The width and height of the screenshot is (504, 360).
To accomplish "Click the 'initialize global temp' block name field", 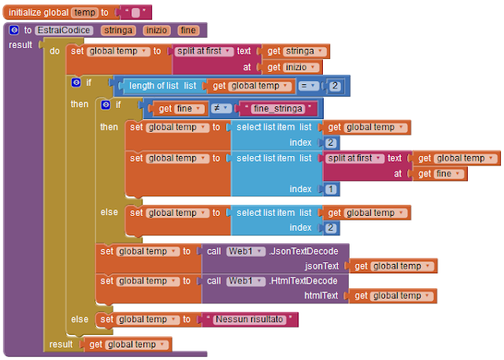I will [x=83, y=13].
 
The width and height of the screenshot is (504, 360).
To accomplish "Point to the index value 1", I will [x=331, y=190].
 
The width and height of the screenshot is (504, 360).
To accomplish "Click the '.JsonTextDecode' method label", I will [x=304, y=251].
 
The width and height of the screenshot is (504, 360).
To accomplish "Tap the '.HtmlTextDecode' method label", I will [x=304, y=281].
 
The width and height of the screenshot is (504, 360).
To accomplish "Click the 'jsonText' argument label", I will [x=321, y=266].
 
